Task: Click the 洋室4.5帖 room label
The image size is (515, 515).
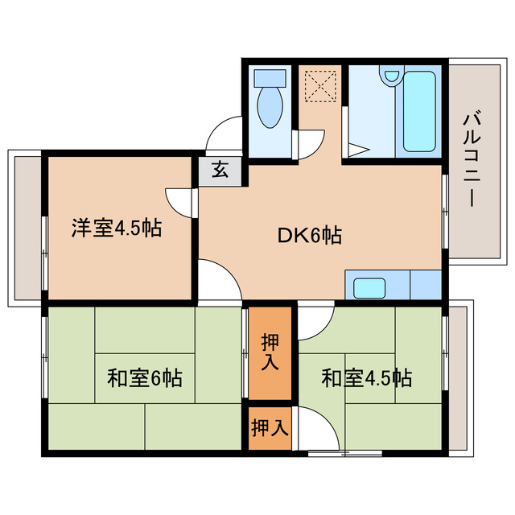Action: [117, 229]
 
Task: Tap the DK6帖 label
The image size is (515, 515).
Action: [310, 236]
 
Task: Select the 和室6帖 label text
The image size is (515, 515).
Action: [144, 377]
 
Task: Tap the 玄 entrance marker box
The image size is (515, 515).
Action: [219, 171]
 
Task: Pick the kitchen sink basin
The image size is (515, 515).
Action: [370, 287]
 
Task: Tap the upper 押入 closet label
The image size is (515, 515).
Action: [270, 352]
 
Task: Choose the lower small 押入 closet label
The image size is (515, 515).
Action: [269, 426]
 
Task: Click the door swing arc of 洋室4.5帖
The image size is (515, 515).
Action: [179, 199]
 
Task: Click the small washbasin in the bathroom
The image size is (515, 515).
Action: [391, 77]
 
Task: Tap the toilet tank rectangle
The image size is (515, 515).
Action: [269, 79]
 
